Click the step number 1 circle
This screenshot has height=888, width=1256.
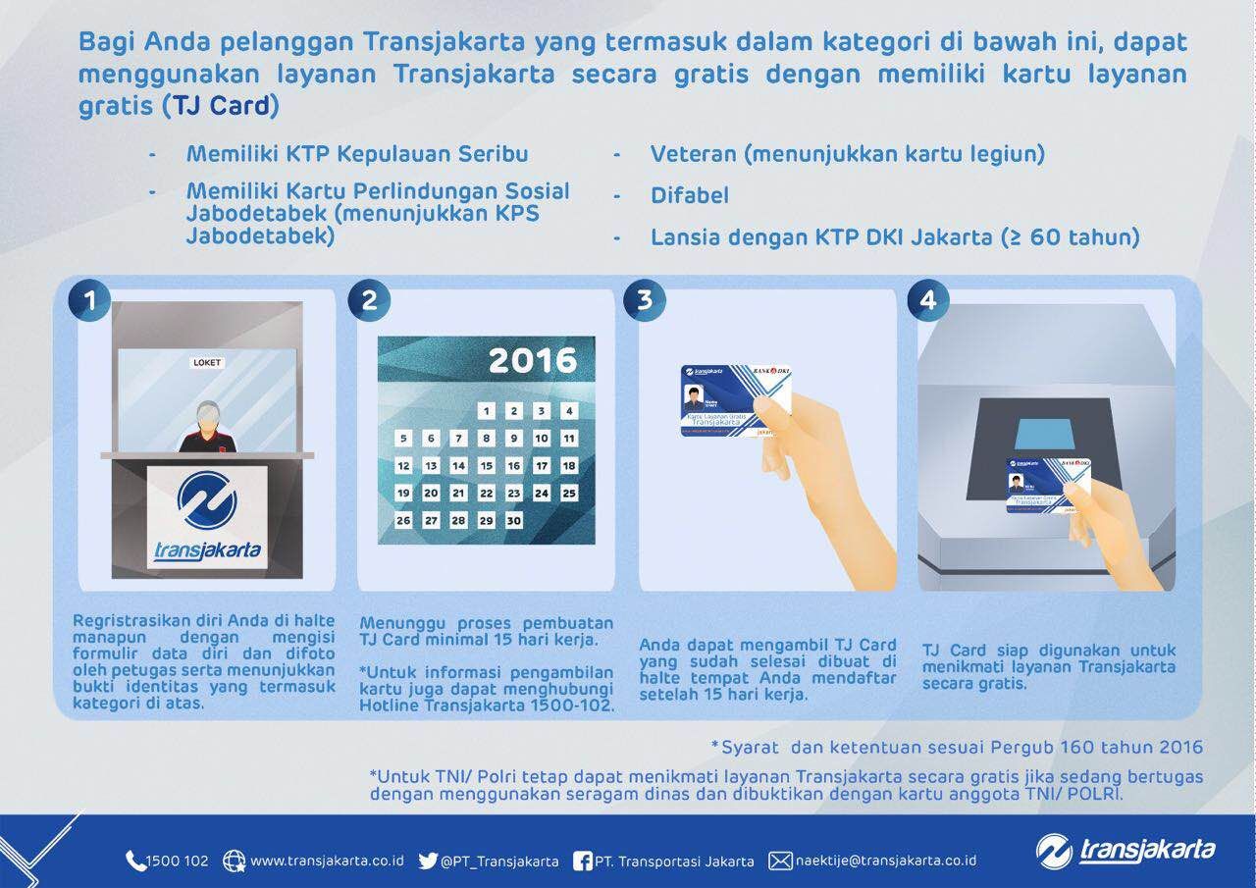point(90,300)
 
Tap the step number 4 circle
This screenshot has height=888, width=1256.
point(927,300)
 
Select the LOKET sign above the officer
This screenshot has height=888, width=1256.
point(207,362)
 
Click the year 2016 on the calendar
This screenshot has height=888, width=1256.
point(532,360)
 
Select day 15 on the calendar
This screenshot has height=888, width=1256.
point(486,466)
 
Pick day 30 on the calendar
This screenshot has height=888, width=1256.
point(513,521)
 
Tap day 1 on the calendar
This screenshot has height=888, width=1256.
point(486,411)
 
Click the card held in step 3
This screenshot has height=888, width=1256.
point(736,400)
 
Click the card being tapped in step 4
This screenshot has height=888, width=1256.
point(1048,485)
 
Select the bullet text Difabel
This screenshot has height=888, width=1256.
point(689,196)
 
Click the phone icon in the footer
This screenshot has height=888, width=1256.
point(135,861)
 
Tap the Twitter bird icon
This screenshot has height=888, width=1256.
point(427,861)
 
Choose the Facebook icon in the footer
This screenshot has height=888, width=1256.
point(581,861)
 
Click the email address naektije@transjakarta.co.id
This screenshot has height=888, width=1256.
point(885,861)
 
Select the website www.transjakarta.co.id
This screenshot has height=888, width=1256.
point(327,861)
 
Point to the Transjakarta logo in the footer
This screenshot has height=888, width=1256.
point(1125,851)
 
